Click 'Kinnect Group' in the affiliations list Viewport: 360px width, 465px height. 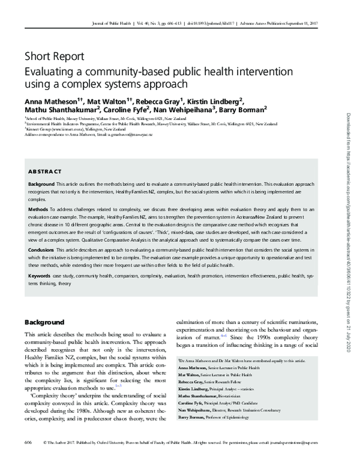point(38,129)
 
